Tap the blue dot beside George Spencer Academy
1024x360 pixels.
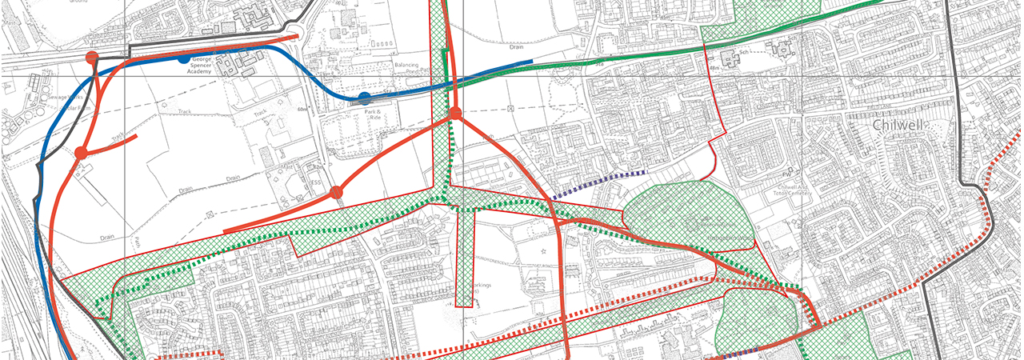pos(184,58)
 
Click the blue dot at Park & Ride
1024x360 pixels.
pos(365,98)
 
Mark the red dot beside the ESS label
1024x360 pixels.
pos(337,192)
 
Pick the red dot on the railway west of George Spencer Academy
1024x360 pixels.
pos(92,57)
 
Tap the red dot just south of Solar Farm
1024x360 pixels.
pos(81,153)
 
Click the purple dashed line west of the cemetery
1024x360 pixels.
pos(599,182)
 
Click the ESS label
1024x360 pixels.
pos(318,192)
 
